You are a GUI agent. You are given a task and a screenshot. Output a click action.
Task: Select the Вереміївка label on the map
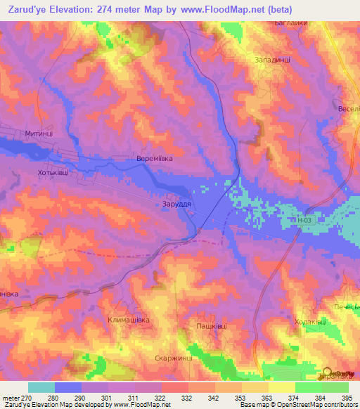pos(154,159)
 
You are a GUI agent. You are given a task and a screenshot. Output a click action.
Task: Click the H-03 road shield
pos(303,220)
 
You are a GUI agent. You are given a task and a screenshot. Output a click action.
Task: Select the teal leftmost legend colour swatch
pos(41,387)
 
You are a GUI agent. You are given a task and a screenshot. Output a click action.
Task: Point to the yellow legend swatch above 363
pos(255,387)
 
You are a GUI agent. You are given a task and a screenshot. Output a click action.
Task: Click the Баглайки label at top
pos(291,23)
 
